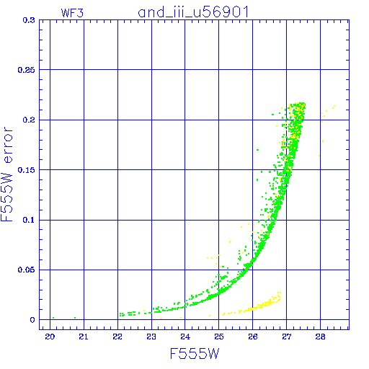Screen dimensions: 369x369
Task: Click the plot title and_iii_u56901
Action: pyautogui.click(x=193, y=12)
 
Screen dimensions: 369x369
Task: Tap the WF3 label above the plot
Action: pyautogui.click(x=72, y=13)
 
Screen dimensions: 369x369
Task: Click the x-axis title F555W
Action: pyautogui.click(x=195, y=354)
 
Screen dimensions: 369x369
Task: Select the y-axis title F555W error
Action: pyautogui.click(x=6, y=174)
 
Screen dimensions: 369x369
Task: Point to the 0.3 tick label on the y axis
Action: pyautogui.click(x=29, y=20)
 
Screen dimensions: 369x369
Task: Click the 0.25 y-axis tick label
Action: pyautogui.click(x=27, y=70)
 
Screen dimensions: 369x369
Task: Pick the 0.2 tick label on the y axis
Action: pyautogui.click(x=29, y=120)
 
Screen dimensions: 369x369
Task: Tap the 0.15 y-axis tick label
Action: pyautogui.click(x=27, y=170)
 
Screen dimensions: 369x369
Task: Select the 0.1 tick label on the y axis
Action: pyautogui.click(x=29, y=220)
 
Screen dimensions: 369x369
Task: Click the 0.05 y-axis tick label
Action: pyautogui.click(x=27, y=270)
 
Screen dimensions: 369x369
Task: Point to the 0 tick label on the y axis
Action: pyautogui.click(x=32, y=320)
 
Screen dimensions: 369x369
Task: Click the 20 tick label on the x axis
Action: pyautogui.click(x=50, y=337)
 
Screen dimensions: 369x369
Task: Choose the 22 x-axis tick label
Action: pyautogui.click(x=117, y=337)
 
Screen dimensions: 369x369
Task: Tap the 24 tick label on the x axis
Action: pyautogui.click(x=185, y=337)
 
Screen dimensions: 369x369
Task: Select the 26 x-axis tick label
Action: pyautogui.click(x=253, y=337)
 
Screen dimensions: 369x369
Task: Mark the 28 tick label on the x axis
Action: pyautogui.click(x=320, y=337)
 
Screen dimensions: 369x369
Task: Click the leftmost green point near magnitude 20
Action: pyautogui.click(x=53, y=318)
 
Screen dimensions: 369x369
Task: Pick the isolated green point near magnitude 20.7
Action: pyautogui.click(x=75, y=318)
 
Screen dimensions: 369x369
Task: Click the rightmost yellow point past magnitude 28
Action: pyautogui.click(x=334, y=106)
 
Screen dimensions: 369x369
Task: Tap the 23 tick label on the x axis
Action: pyautogui.click(x=151, y=337)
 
